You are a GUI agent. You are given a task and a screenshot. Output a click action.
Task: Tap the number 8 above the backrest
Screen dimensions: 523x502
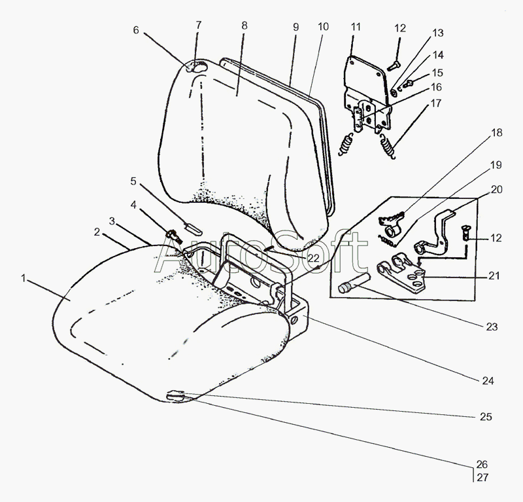click(x=244, y=26)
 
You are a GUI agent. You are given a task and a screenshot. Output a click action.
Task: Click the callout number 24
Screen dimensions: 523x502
click(x=488, y=380)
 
